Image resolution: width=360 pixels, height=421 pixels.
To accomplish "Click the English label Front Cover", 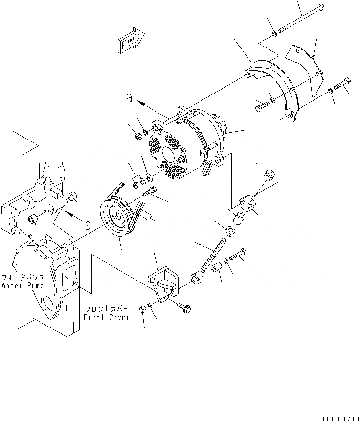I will pyautogui.click(x=107, y=317).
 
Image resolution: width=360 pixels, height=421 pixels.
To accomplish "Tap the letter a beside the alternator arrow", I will pyautogui.click(x=128, y=98).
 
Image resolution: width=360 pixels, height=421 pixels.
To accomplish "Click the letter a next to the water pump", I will pyautogui.click(x=88, y=225).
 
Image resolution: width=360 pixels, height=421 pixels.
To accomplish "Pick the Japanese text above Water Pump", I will pyautogui.click(x=23, y=276).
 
